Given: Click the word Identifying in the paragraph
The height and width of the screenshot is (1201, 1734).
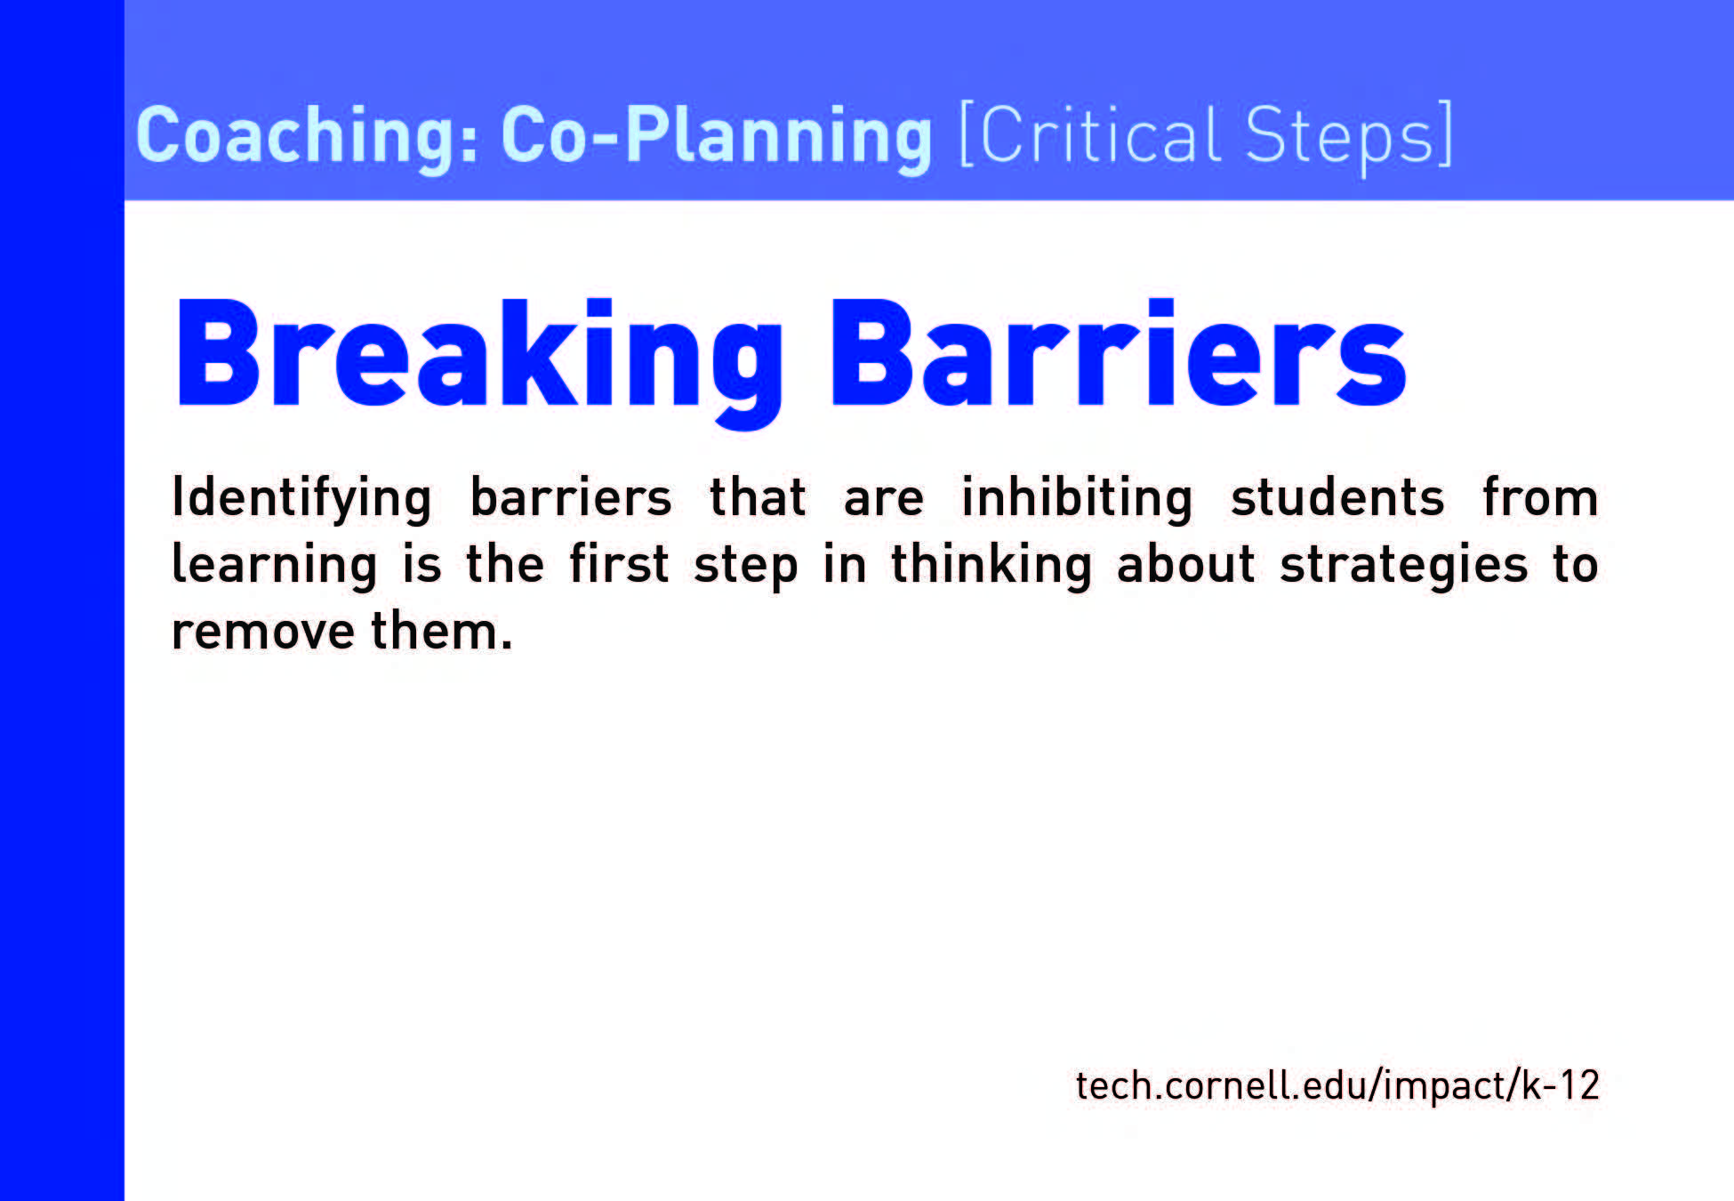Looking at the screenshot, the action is click(x=302, y=499).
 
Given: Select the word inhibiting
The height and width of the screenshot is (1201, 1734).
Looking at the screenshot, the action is click(x=1077, y=499).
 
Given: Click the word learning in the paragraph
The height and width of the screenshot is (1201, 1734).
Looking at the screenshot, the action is click(x=275, y=566).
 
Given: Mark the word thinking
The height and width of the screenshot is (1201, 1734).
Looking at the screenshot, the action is click(x=991, y=566).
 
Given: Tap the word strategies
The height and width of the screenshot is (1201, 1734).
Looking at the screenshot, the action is click(x=1404, y=566).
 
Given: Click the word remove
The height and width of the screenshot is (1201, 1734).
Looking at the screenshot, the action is click(x=263, y=632).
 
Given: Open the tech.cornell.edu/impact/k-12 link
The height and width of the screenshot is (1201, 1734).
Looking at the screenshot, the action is click(x=1337, y=1086).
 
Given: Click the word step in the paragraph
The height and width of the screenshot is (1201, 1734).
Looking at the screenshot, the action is click(x=745, y=566).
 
